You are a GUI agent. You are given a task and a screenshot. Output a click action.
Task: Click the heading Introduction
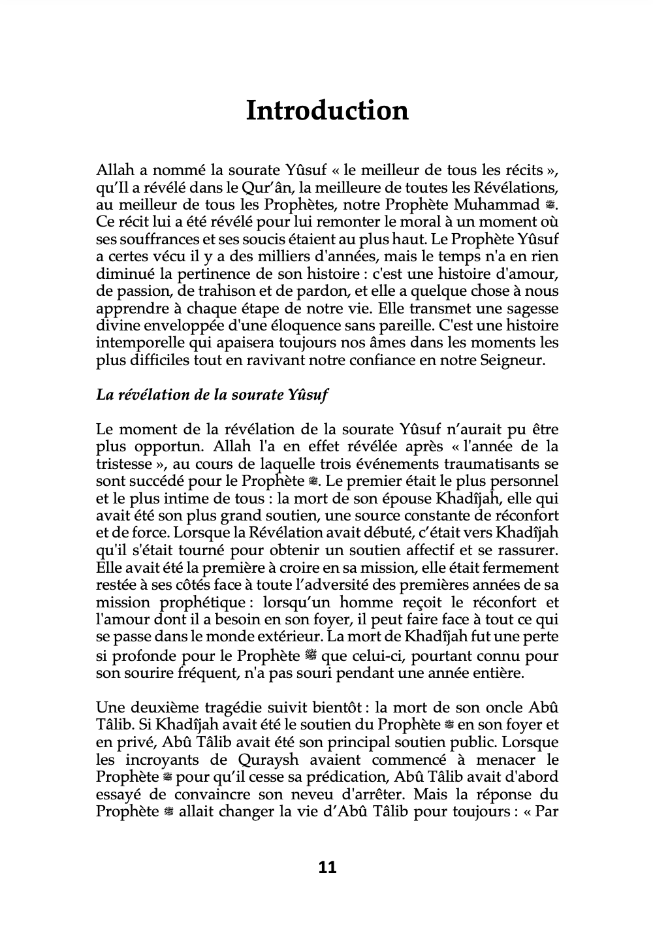pyautogui.click(x=326, y=110)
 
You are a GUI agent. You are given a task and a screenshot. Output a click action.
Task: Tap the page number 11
pyautogui.click(x=327, y=867)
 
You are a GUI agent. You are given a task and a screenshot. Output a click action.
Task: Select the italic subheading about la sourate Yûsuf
pyautogui.click(x=212, y=395)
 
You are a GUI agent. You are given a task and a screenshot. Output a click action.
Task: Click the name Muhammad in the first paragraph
pyautogui.click(x=501, y=205)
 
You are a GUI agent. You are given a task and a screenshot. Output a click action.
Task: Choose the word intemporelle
pyautogui.click(x=136, y=342)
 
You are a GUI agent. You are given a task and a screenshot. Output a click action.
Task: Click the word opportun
pyautogui.click(x=150, y=447)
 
